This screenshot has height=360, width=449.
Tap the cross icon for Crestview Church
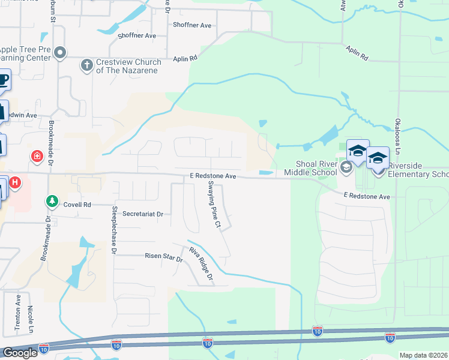click(x=86, y=65)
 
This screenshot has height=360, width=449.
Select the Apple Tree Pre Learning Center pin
click(x=59, y=53)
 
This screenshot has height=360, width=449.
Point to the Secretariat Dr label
click(x=142, y=214)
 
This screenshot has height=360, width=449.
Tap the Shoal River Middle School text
click(x=316, y=169)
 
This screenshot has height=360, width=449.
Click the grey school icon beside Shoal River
click(x=346, y=167)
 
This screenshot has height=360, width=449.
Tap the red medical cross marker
click(x=37, y=157)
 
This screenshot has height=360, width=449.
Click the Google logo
click(x=19, y=353)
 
